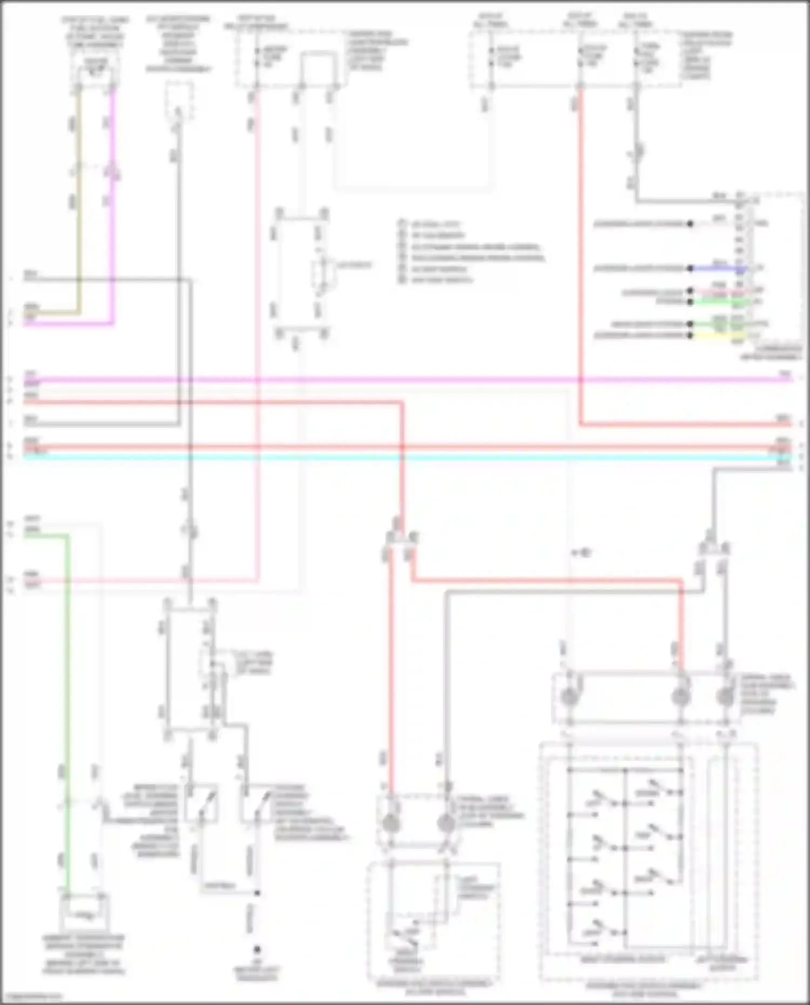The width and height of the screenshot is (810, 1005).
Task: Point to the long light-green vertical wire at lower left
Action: tap(67, 702)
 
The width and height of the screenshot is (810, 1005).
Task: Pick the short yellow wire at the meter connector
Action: tap(718, 335)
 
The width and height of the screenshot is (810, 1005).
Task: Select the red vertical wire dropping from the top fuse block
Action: tap(580, 259)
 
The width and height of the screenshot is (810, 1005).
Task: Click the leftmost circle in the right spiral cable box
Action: tap(568, 697)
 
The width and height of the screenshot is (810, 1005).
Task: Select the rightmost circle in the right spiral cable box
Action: tap(725, 697)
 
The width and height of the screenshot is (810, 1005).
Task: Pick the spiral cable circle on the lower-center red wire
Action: tap(390, 824)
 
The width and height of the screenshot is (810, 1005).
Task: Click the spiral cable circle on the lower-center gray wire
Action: tap(446, 824)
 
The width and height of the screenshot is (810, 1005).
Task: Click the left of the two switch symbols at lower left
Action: tap(201, 803)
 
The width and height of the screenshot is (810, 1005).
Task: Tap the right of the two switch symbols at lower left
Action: tap(257, 803)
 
